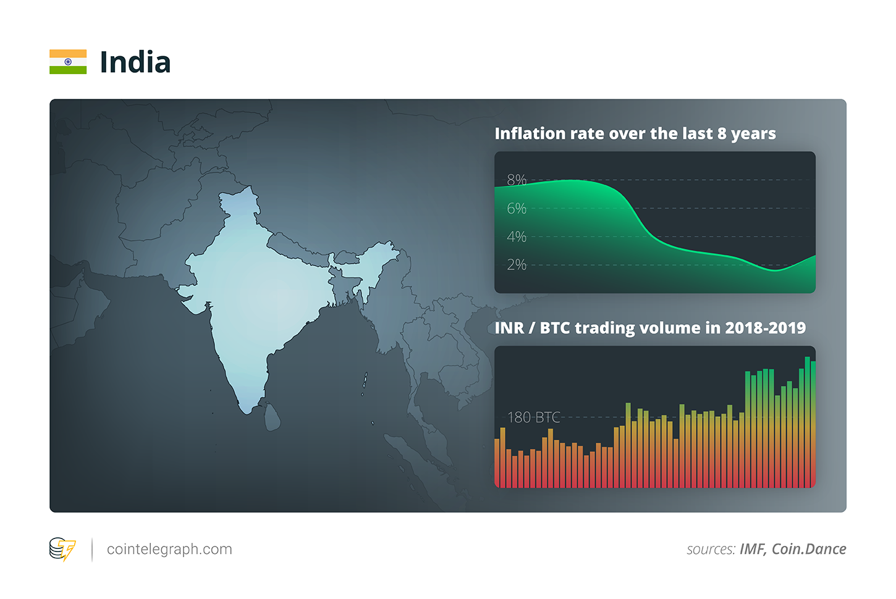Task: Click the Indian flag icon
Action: (68, 62)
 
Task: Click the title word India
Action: (135, 62)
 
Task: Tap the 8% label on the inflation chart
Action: (517, 180)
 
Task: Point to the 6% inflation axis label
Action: (517, 209)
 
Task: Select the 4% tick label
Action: (517, 237)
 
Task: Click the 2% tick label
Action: (517, 265)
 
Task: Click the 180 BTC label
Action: (533, 417)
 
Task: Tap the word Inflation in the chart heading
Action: (530, 133)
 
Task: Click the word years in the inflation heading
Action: (753, 134)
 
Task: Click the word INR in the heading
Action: (509, 328)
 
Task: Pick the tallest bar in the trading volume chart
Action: (807, 420)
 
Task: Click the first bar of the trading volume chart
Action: (497, 463)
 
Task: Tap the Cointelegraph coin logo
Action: (62, 549)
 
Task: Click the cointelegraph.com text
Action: (169, 549)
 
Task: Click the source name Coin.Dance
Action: (809, 549)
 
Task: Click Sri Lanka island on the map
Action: (272, 416)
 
